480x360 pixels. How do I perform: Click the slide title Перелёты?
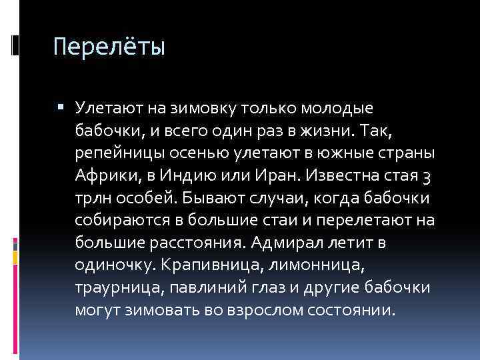click(x=108, y=48)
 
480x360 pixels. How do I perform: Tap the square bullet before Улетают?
click(x=62, y=107)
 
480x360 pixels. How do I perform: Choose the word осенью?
click(x=191, y=152)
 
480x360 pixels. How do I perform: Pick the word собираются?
click(x=117, y=220)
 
